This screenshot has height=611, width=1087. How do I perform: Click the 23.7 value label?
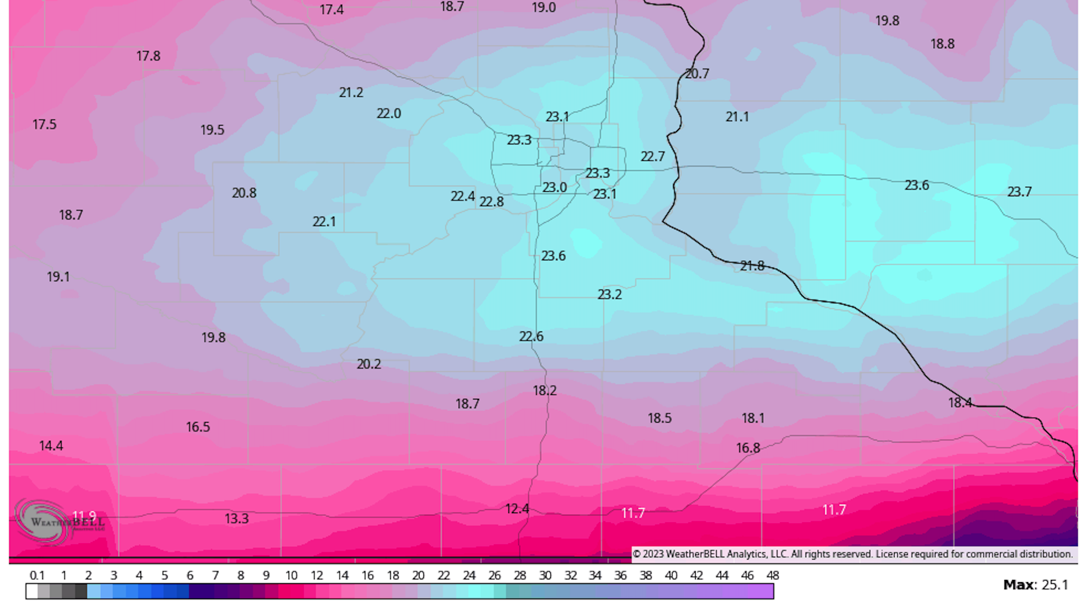(x=1019, y=192)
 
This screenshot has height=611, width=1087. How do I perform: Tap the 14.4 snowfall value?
(x=51, y=446)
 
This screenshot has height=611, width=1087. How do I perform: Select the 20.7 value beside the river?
(x=697, y=74)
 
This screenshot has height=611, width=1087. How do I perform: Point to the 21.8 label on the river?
(x=752, y=266)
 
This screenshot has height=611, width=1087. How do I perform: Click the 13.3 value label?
(x=237, y=518)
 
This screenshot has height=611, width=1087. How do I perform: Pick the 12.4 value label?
(x=517, y=509)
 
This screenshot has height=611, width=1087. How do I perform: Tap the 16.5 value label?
(x=198, y=427)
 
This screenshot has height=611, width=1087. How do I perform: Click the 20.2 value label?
(x=369, y=364)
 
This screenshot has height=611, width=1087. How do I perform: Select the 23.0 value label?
(x=554, y=187)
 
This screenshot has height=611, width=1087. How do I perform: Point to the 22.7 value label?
(x=652, y=156)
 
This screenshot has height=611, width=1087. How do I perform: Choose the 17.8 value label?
(x=148, y=56)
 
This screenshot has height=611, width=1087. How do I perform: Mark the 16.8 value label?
(x=747, y=448)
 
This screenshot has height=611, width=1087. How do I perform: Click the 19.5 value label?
(x=212, y=130)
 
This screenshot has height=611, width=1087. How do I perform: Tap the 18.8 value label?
(x=942, y=44)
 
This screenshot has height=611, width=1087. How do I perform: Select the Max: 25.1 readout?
(x=1035, y=584)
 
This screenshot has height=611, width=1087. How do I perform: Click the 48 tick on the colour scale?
(x=772, y=575)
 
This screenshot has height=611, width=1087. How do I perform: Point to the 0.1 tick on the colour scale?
(x=37, y=575)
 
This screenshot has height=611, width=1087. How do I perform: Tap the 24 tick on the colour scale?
(x=469, y=575)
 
